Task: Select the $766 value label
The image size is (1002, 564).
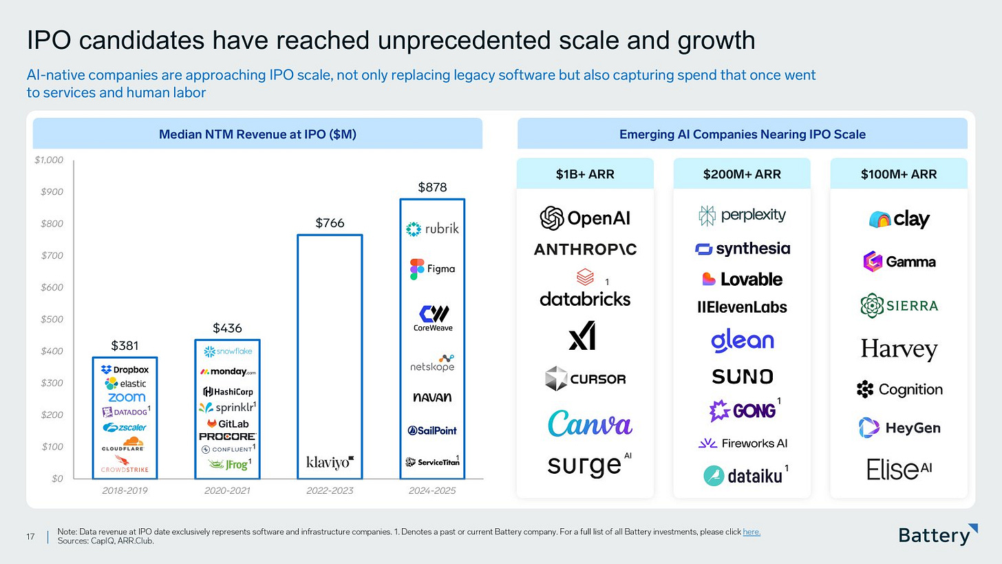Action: click(330, 223)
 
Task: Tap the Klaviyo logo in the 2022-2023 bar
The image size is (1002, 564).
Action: click(330, 461)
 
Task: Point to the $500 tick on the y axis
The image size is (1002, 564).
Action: click(52, 320)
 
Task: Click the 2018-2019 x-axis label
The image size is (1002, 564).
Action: click(124, 491)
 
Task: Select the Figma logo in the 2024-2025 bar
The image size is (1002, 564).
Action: click(432, 269)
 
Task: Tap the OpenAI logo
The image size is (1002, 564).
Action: click(585, 218)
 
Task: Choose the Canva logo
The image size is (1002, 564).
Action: click(590, 423)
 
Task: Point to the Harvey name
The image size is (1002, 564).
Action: click(899, 349)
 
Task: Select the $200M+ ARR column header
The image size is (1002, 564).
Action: click(742, 174)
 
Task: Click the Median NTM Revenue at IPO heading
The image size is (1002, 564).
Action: click(257, 134)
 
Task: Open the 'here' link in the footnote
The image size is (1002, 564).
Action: click(751, 532)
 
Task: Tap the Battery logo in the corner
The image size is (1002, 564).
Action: click(938, 535)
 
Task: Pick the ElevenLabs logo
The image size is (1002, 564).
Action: click(742, 307)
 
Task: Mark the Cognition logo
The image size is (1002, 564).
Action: click(899, 390)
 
